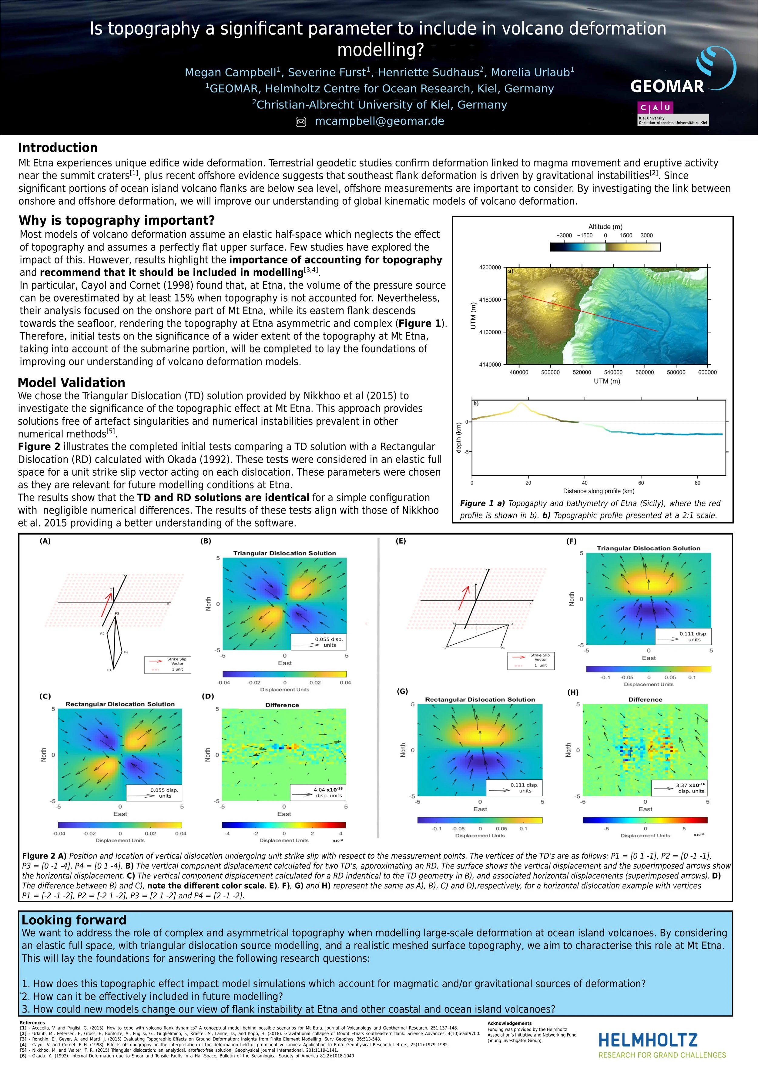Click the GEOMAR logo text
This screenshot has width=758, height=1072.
[667, 86]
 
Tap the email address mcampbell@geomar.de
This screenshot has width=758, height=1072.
[379, 121]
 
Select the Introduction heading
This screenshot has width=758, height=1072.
[58, 148]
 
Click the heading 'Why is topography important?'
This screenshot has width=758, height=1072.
[117, 220]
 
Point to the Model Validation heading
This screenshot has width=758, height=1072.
[72, 383]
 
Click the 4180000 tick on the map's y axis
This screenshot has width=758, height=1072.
[489, 300]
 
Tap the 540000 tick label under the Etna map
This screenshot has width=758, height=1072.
[613, 373]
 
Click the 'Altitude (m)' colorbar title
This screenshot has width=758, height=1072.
[605, 226]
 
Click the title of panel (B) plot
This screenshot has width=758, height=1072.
[284, 553]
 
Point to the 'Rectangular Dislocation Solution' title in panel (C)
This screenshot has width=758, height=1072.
[120, 704]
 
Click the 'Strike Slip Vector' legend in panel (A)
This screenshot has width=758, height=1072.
[168, 664]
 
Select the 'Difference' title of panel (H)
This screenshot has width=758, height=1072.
[645, 699]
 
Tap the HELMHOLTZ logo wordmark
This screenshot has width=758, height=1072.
[648, 1040]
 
